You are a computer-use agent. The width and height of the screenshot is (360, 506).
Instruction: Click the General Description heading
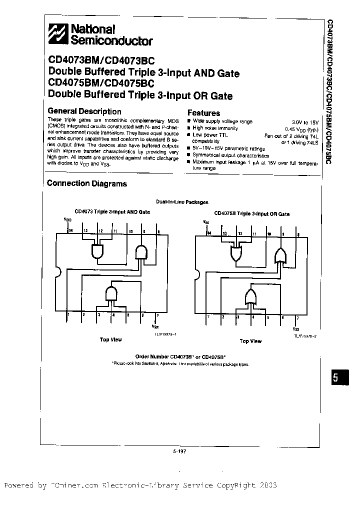coord(84,111)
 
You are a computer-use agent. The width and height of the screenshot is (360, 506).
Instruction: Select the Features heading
coord(203,113)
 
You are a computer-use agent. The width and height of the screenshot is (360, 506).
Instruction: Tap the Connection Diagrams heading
coord(87,183)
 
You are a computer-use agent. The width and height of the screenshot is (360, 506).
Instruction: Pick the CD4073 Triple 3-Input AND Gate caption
coord(112,212)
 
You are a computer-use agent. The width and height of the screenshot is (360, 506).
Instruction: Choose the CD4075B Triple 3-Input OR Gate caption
coord(251,213)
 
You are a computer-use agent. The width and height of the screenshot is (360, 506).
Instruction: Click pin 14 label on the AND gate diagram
coord(70,230)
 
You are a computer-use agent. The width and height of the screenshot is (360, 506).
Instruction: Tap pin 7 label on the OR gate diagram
coord(298,318)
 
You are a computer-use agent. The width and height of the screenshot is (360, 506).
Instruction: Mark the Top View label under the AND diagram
coord(110,339)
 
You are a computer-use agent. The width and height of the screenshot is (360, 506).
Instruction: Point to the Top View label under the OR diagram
coord(250,341)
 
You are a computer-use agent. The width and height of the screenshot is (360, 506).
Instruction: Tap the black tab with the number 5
coord(336,378)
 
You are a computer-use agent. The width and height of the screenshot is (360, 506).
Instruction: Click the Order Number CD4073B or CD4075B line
coord(180,356)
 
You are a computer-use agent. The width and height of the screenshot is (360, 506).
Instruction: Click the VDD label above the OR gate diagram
coord(206,221)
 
